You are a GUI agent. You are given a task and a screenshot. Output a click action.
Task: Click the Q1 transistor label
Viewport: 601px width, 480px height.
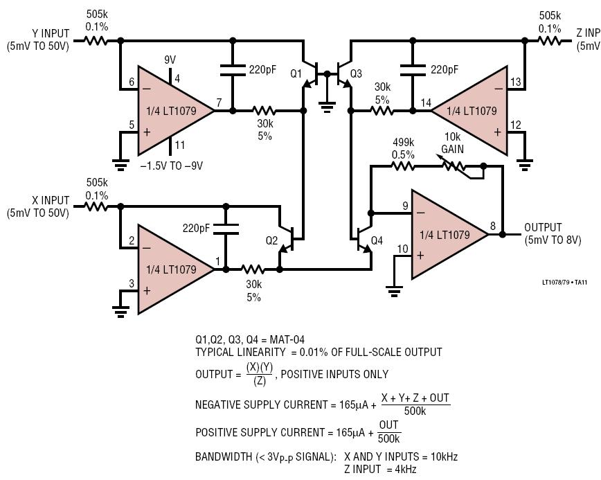(x=296, y=73)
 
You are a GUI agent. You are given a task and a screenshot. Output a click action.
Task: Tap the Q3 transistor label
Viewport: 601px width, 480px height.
(x=356, y=73)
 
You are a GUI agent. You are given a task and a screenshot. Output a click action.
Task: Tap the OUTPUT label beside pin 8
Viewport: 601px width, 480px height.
(x=543, y=227)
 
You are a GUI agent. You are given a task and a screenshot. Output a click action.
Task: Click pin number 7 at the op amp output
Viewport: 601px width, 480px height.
(x=219, y=103)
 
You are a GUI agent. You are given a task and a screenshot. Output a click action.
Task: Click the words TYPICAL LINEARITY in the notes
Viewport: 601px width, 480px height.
(x=238, y=352)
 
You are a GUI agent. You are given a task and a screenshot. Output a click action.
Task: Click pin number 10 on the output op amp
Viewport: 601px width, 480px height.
(x=402, y=249)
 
